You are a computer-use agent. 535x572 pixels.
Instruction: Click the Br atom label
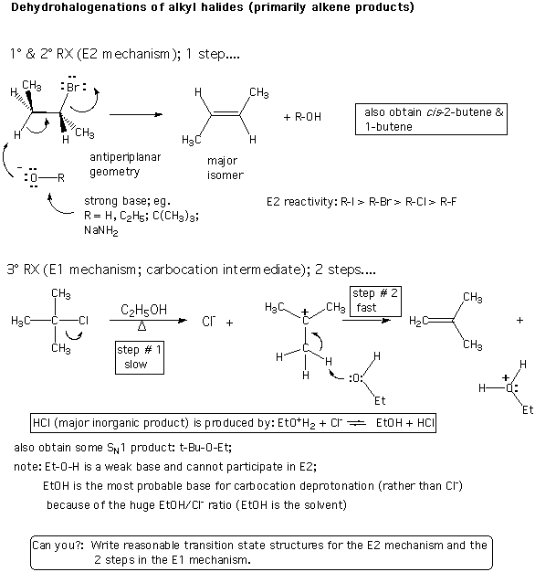73,87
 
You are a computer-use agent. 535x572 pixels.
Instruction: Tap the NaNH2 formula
101,230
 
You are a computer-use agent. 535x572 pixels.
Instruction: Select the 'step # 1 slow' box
140,357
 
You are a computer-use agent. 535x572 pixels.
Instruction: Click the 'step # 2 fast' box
375,302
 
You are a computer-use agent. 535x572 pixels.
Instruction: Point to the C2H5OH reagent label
143,310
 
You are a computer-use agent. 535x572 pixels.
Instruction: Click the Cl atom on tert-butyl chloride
83,321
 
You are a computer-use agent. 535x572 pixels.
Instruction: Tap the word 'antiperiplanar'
125,157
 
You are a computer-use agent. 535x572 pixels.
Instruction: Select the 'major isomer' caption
225,168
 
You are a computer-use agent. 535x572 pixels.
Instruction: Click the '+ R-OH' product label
302,117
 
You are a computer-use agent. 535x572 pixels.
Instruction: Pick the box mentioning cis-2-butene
431,120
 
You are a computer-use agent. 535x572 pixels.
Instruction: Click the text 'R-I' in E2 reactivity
347,202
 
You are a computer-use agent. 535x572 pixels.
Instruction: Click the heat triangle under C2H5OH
142,326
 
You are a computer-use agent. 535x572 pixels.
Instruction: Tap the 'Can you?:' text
58,546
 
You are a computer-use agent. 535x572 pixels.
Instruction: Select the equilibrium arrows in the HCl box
356,423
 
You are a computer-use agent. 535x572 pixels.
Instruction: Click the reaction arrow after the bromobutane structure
136,114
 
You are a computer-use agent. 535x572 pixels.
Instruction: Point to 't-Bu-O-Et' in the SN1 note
205,448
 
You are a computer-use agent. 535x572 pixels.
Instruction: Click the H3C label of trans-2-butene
192,140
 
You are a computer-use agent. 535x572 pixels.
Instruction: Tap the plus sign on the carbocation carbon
305,312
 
